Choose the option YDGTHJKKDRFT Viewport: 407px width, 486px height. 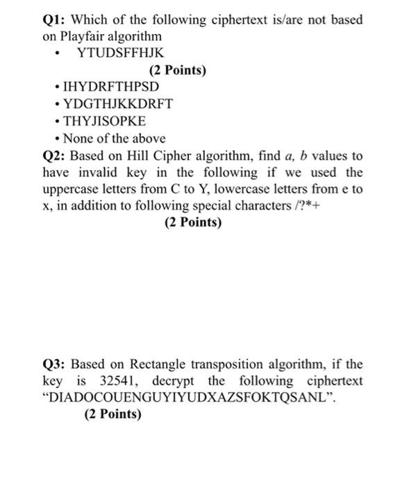[117, 104]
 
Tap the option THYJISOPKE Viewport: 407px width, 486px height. [104, 121]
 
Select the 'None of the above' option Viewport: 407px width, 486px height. [114, 138]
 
